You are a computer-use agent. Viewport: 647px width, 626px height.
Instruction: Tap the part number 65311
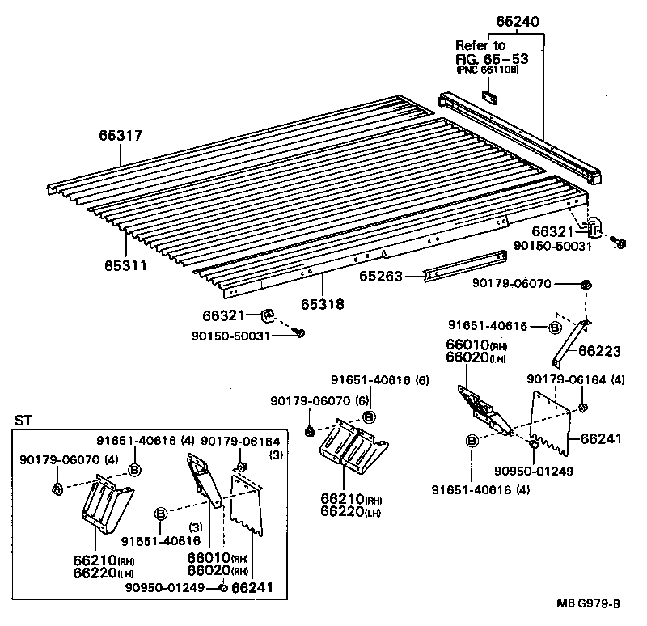tap(125, 264)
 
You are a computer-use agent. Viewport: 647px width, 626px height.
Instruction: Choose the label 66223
tap(601, 351)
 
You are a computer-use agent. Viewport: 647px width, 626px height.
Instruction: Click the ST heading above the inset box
tap(23, 421)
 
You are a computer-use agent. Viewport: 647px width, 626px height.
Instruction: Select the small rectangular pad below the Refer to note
tap(490, 97)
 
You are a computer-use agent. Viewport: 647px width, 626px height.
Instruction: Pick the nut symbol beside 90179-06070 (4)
tap(57, 489)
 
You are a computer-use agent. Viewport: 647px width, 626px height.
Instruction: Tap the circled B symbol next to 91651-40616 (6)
tap(369, 416)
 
